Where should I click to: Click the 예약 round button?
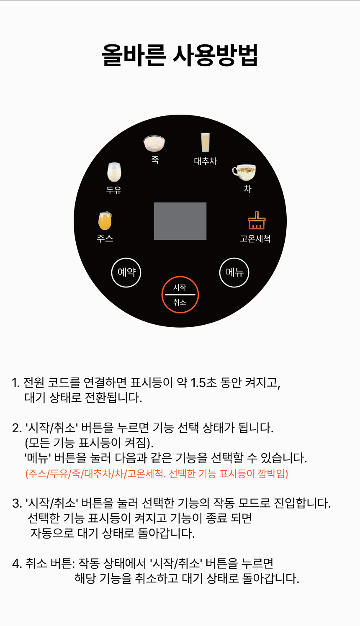point(126,272)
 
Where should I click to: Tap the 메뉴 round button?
point(234,272)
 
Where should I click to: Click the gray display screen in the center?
point(180,221)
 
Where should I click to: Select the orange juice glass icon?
point(105,221)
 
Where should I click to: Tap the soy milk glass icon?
point(114,172)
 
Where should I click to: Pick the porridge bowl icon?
point(154,144)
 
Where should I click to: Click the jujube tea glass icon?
point(205,142)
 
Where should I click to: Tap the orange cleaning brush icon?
point(257,220)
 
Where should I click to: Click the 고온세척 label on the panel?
point(255,239)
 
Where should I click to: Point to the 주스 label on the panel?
point(105,239)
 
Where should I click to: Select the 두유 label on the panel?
point(114,190)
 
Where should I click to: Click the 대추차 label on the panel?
point(206,161)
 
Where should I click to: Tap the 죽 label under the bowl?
point(155,160)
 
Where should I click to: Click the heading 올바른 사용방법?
point(180,55)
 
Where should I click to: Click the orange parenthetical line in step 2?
point(157,474)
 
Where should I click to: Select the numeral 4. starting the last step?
point(17,563)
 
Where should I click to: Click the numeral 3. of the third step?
point(17,503)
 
